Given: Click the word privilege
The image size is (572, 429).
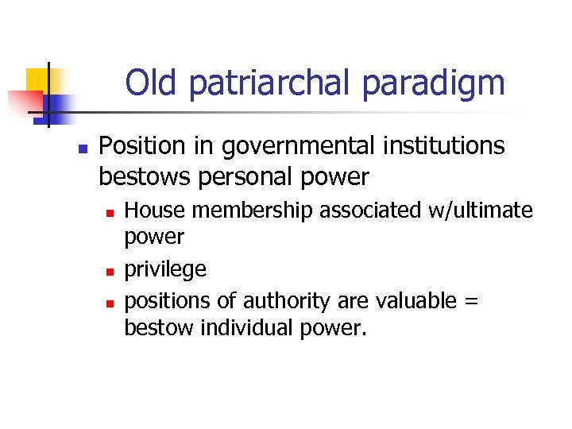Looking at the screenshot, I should point(165,270).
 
